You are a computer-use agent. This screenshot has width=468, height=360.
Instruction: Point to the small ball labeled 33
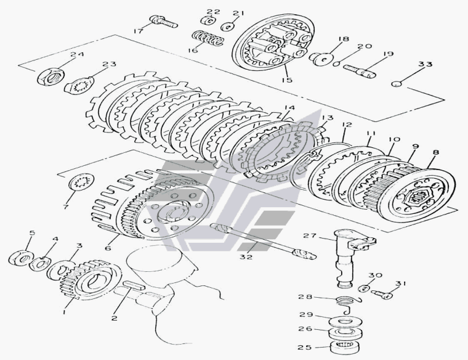[x=398, y=83]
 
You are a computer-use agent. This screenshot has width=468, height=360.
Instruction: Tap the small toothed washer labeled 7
[x=80, y=183]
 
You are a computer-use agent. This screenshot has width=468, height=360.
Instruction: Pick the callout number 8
[x=435, y=152]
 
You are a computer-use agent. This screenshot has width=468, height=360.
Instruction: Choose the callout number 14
[x=289, y=108]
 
